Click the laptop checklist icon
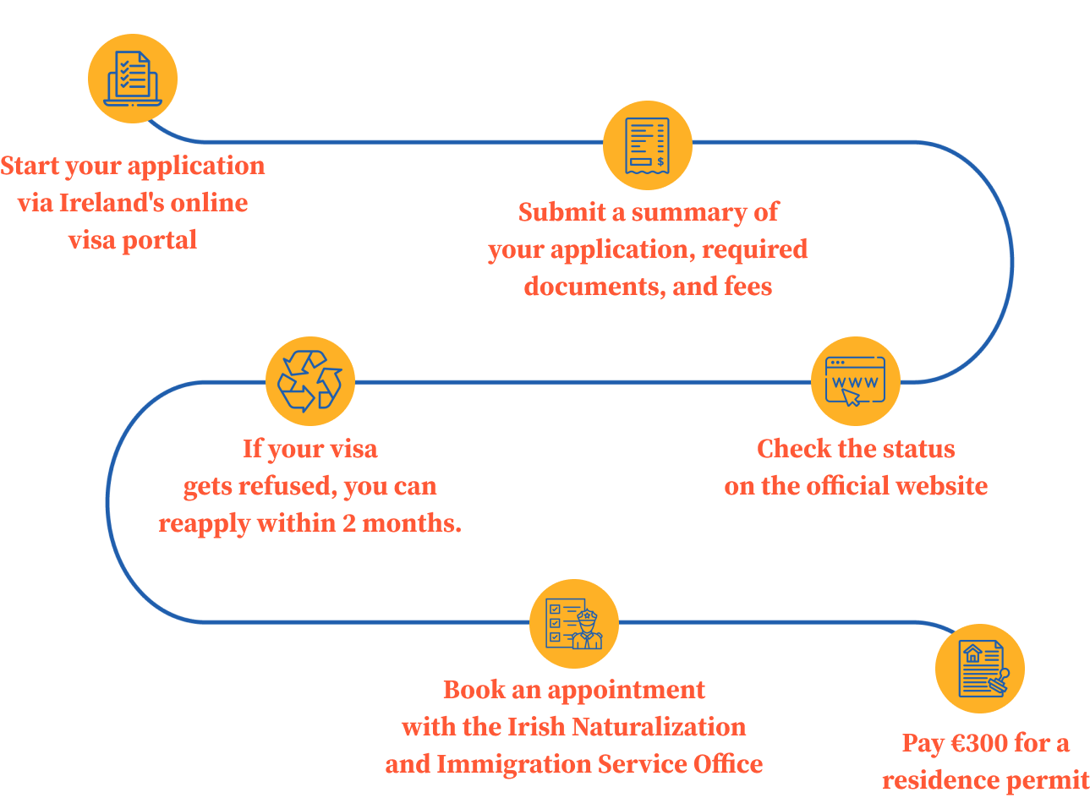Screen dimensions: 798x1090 133,79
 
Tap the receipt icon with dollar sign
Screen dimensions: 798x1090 647,145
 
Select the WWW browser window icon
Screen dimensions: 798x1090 855,381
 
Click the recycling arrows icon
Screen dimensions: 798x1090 309,381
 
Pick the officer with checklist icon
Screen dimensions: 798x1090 573,624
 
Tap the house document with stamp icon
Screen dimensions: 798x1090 979,669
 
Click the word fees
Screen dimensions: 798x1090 748,287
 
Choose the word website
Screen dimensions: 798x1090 941,486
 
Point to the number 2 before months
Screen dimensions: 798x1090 349,523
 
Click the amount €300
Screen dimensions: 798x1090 978,743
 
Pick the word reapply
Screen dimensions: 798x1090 204,524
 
